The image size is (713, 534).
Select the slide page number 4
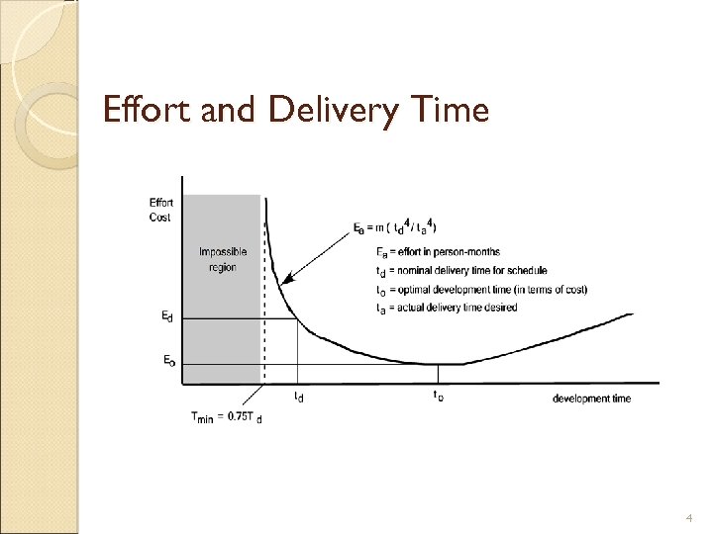tap(689, 517)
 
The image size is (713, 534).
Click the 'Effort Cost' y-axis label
tap(159, 210)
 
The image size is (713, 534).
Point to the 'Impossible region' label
tap(223, 259)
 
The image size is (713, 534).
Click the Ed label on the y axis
tap(171, 316)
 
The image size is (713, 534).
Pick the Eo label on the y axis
tap(171, 361)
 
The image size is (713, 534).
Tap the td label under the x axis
tap(299, 398)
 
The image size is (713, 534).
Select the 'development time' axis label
tap(591, 399)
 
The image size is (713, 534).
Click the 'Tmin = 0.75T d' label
tap(227, 417)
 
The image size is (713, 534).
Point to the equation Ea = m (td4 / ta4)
tap(397, 229)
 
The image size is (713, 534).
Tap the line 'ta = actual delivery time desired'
tap(447, 308)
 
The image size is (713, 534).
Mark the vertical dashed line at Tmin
tap(264, 297)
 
